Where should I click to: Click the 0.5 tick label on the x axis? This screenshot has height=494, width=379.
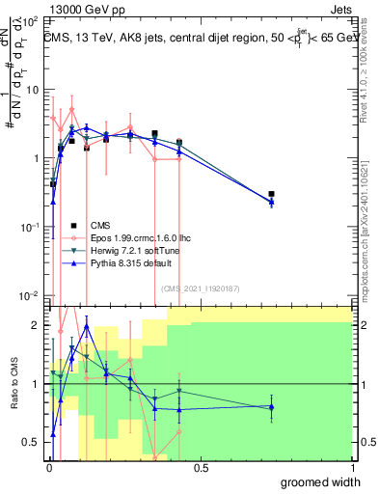(x=201, y=468)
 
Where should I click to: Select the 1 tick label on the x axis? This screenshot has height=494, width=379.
(x=352, y=468)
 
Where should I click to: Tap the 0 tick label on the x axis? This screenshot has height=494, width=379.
(x=49, y=468)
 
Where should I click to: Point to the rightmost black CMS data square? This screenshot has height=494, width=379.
(x=272, y=194)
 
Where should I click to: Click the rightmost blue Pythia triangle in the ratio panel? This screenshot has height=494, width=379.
(x=272, y=407)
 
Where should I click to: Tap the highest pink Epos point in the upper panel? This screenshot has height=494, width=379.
(x=71, y=109)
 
